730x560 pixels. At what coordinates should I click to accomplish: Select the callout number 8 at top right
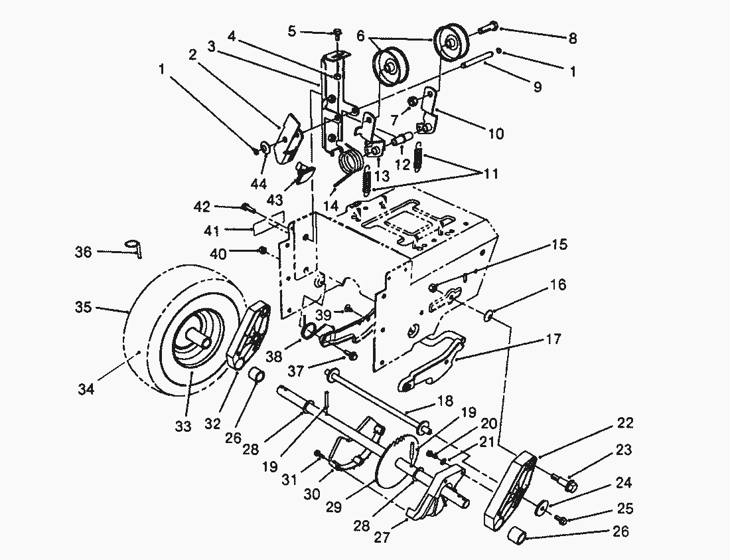(x=572, y=38)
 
